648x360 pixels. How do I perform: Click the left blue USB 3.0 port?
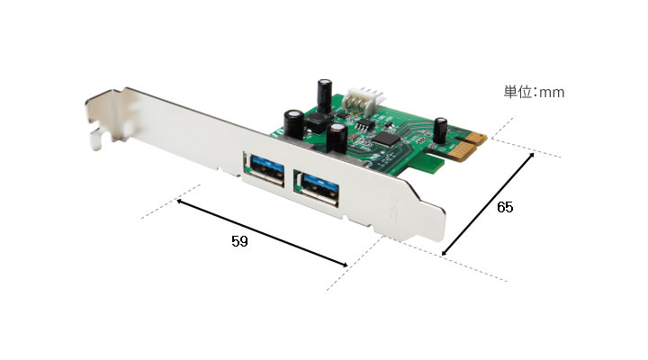(x=264, y=169)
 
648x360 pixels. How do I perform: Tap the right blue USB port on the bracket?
(x=317, y=188)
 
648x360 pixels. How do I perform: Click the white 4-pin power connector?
(x=365, y=101)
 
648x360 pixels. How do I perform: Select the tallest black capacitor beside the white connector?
(x=324, y=96)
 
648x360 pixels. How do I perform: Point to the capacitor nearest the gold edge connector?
(x=440, y=130)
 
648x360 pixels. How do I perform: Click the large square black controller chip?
(x=386, y=139)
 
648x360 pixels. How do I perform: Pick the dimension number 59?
(x=239, y=241)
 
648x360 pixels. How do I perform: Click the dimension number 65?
(x=505, y=207)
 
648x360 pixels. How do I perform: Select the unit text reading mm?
(x=552, y=92)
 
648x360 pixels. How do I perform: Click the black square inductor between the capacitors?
(x=318, y=121)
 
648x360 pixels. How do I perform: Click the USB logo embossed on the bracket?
(x=392, y=209)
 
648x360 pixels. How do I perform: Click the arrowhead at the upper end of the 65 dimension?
(x=532, y=155)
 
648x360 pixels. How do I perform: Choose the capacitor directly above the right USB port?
(x=337, y=138)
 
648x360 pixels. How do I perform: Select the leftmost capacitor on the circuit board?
(x=293, y=123)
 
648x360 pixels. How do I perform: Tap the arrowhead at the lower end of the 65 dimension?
(x=445, y=253)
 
